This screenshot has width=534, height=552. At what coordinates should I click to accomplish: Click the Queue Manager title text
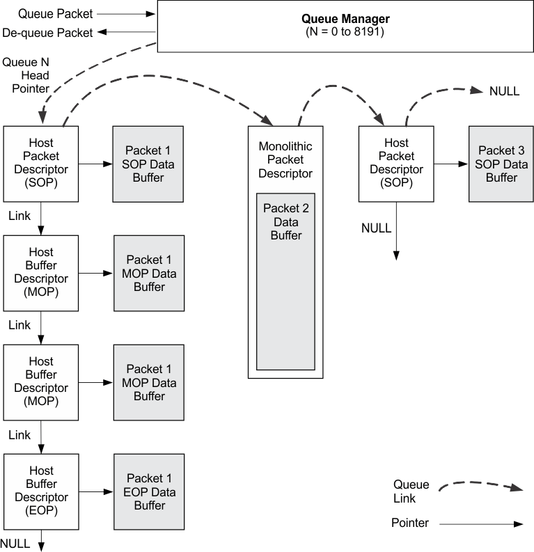(345, 19)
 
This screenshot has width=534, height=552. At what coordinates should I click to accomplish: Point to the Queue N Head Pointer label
(26, 75)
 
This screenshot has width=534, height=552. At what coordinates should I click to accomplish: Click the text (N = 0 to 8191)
(345, 33)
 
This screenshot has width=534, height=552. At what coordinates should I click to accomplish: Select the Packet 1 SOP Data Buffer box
(148, 164)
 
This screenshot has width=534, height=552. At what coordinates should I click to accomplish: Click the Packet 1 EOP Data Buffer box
(149, 492)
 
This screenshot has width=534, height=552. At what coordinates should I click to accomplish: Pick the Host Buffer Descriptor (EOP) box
(41, 491)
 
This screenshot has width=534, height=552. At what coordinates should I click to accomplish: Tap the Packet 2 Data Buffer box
(285, 282)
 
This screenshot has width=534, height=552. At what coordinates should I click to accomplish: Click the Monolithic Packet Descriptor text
(285, 160)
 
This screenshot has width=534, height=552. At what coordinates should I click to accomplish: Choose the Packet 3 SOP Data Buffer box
(501, 164)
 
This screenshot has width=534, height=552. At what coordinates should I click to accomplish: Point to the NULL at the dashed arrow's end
(504, 91)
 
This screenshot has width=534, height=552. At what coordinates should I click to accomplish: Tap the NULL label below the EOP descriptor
(15, 544)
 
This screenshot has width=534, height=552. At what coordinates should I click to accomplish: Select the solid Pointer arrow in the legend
(480, 523)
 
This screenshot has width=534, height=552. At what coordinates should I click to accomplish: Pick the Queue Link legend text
(411, 491)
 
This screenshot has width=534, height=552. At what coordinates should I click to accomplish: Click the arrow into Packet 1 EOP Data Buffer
(96, 492)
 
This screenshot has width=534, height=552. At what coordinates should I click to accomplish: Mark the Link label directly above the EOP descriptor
(19, 435)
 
